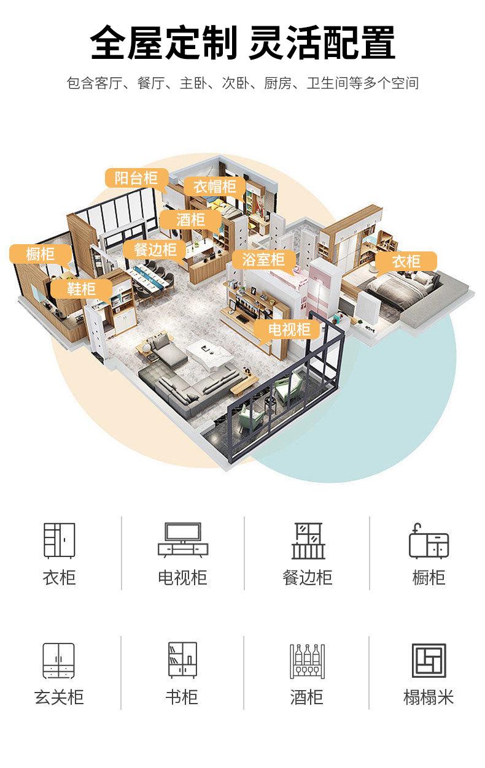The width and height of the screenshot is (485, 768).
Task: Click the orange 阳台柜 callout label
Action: [136, 179]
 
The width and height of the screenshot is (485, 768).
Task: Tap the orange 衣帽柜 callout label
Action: [215, 186]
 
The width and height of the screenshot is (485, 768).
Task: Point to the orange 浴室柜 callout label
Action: [263, 259]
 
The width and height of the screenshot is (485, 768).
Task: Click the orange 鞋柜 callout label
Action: [82, 288]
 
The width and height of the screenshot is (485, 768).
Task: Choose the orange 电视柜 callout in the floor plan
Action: [289, 329]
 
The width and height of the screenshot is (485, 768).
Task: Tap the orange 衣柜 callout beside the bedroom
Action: [406, 262]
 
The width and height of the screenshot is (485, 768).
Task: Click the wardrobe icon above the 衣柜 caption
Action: [59, 540]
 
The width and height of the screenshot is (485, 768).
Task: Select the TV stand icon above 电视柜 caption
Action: [182, 540]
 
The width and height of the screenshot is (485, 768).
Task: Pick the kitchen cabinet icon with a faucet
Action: [429, 540]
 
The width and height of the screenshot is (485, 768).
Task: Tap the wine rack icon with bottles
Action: [307, 661]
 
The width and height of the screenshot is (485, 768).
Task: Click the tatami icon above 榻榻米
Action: [429, 661]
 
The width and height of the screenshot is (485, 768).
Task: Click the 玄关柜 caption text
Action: [59, 697]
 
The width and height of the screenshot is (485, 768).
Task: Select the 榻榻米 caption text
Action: [429, 697]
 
